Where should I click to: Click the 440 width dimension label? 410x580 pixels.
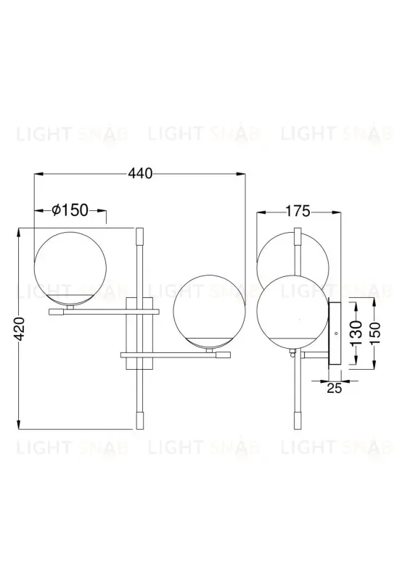coord(141,173)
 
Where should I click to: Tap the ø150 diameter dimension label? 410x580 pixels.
coord(70,210)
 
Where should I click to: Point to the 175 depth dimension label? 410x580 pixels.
coord(298,212)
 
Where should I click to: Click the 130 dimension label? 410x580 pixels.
coord(356,336)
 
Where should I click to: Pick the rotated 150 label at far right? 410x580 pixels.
coord(374,336)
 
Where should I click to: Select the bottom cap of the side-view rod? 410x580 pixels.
coord(295,420)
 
